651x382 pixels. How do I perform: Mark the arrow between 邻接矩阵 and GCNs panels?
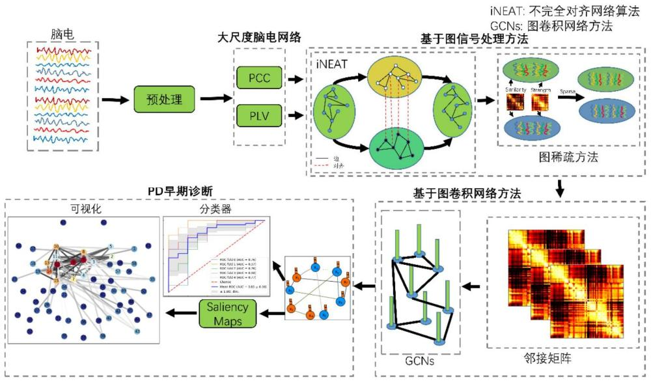click(x=471, y=284)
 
